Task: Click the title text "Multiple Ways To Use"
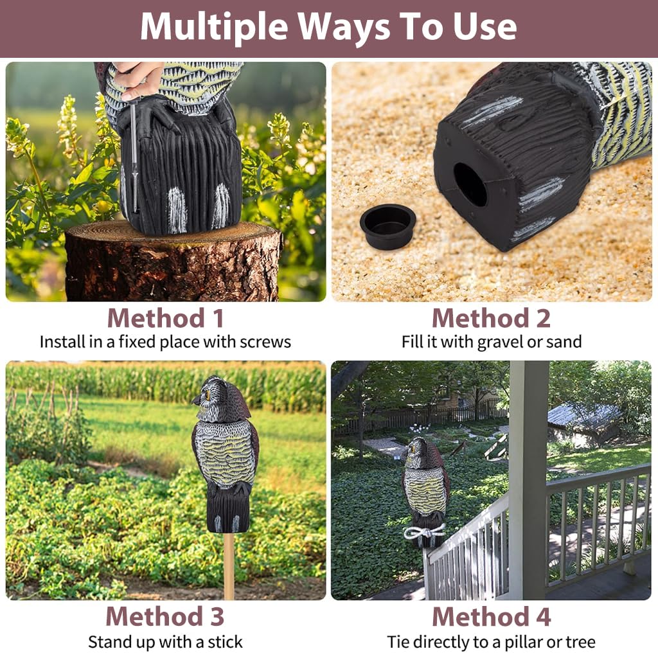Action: point(328,27)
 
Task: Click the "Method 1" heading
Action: point(165,318)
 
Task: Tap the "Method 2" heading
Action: point(491,318)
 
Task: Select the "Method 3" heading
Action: point(165,616)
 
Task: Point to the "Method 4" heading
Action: point(491,616)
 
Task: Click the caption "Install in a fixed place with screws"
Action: point(165,341)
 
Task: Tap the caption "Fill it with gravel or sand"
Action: point(491,341)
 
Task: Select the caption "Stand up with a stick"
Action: point(165,641)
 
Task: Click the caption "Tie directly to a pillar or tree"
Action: point(491,641)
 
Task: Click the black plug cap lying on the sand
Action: point(387,226)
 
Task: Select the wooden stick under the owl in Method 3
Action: point(229,565)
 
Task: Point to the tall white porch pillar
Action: point(528,476)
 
